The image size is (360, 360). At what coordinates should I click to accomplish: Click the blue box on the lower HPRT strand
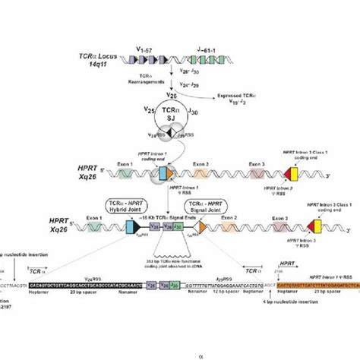coord(142,226)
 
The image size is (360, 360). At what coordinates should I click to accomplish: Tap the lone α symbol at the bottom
coord(179,353)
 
